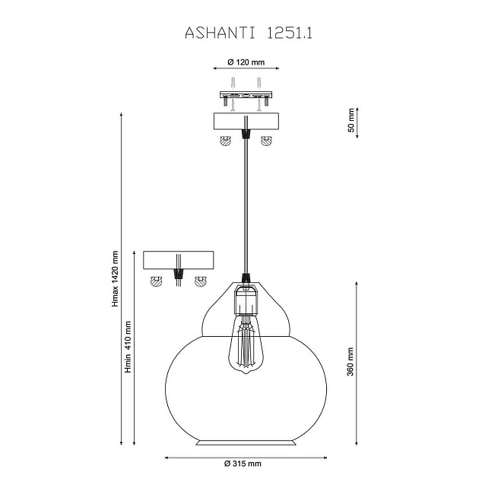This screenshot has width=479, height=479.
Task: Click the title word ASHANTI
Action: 220,33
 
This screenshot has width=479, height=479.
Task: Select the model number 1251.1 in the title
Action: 290,33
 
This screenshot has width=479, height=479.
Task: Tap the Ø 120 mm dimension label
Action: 246,62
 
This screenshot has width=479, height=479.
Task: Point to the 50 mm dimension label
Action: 351,120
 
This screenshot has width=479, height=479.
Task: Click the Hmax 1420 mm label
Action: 115,278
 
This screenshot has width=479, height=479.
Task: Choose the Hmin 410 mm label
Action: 128,347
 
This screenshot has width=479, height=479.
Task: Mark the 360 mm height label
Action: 350,362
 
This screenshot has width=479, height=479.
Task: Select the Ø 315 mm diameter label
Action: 243,464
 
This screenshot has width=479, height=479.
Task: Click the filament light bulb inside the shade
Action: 246,344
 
